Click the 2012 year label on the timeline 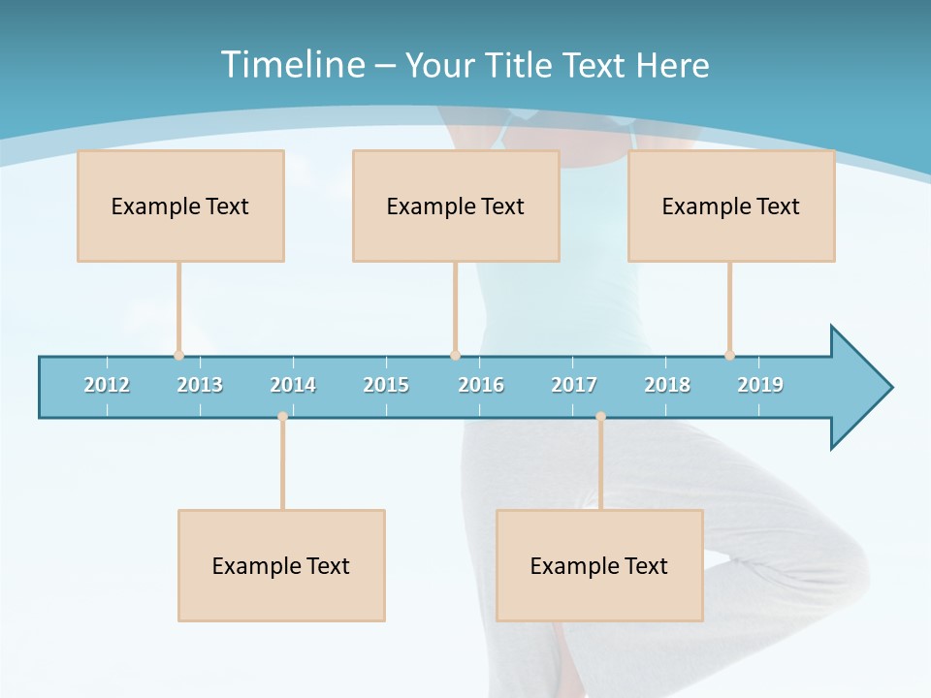[x=107, y=385]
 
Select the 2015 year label [x=386, y=385]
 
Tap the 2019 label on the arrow [x=760, y=385]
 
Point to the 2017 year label [x=574, y=385]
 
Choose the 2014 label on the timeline [x=293, y=385]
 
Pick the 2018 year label [x=667, y=385]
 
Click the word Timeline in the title [x=292, y=65]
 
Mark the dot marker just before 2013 [x=178, y=355]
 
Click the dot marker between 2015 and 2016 [x=455, y=355]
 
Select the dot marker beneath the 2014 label [x=282, y=417]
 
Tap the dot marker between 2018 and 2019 [x=729, y=355]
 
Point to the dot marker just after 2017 [x=600, y=417]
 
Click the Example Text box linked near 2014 [x=281, y=565]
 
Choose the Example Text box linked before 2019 [x=731, y=206]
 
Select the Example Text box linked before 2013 [x=180, y=206]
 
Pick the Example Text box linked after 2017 [x=599, y=565]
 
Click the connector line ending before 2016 [x=455, y=308]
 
